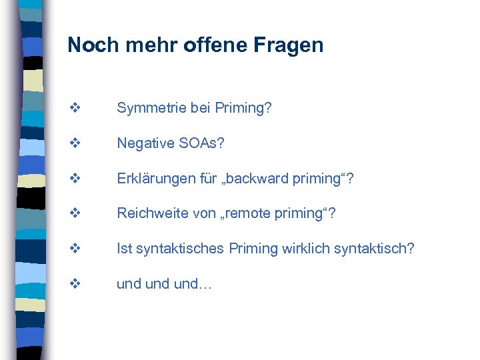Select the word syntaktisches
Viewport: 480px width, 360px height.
coord(180,249)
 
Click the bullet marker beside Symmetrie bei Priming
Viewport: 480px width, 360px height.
coord(74,108)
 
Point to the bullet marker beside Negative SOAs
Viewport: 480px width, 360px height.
coord(74,143)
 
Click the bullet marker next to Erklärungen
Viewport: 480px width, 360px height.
coord(74,178)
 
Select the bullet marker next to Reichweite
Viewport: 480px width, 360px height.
coord(74,213)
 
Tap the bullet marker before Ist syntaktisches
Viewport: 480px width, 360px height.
coord(74,249)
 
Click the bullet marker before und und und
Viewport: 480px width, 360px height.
coord(74,283)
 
